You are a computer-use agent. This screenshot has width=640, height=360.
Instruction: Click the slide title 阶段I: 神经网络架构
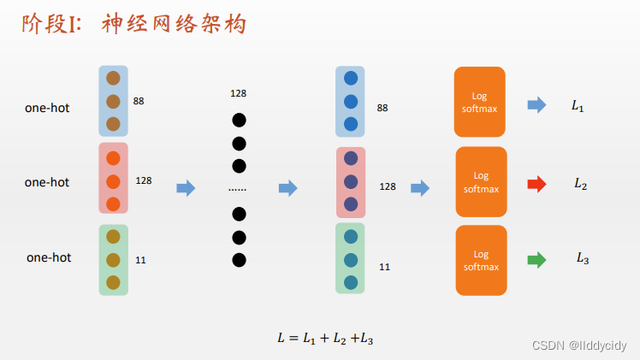[x=134, y=24]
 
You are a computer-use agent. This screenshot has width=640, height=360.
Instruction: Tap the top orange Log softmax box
[x=479, y=101]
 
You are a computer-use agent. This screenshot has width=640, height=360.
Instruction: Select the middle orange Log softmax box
[x=481, y=181]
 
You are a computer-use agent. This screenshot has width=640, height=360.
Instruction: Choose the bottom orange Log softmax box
[x=481, y=260]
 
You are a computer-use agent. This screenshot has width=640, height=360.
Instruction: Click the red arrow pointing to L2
[x=536, y=184]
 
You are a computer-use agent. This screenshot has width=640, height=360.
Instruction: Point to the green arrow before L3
[x=536, y=260]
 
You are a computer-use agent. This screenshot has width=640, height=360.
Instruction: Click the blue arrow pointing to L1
[x=536, y=105]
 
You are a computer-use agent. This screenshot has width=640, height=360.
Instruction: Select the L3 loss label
[x=582, y=257]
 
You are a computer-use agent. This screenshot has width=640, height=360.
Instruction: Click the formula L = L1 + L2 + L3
[x=325, y=338]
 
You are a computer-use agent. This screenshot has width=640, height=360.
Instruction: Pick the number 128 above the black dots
[x=238, y=92]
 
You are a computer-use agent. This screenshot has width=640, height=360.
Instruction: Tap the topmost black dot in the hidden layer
[x=239, y=120]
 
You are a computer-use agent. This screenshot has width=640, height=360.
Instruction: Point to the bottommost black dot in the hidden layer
[x=239, y=260]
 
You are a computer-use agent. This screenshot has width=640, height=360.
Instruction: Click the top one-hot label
[x=47, y=108]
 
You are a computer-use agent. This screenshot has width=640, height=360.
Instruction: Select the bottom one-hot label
[x=49, y=257]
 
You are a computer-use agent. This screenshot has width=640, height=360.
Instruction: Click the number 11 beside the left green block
[x=140, y=259]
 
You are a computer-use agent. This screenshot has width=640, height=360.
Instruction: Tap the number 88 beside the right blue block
[x=382, y=109]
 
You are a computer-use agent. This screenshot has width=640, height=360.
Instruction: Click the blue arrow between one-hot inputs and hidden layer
[x=186, y=188]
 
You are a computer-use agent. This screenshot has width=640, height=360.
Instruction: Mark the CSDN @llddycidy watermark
[x=579, y=345]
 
